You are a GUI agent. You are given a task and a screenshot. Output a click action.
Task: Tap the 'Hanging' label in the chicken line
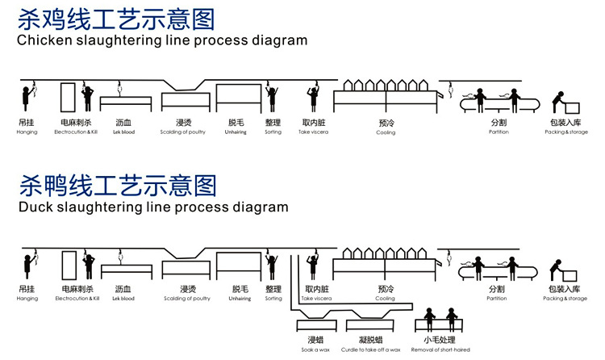pos(27,132)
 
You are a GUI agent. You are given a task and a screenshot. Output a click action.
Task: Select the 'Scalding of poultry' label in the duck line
pos(186,299)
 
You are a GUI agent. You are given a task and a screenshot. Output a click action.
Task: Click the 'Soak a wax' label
pos(315,349)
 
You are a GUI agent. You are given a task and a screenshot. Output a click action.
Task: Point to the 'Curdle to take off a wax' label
pos(370,349)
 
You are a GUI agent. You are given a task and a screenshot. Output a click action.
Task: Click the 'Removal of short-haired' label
pos(441,349)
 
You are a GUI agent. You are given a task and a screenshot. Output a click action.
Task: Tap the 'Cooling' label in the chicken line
pos(386,132)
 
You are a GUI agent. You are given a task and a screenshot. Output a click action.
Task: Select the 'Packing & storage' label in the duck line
pos(565,299)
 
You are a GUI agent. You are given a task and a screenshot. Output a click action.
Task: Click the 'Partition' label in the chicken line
pos(499,132)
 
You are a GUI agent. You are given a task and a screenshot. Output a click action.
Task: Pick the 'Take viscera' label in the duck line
pos(315,299)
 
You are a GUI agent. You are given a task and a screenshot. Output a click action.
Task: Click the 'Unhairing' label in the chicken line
pos(236,132)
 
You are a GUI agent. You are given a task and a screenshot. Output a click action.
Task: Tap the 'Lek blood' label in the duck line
pos(123,299)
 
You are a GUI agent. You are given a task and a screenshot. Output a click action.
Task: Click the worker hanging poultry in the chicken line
pos(27,98)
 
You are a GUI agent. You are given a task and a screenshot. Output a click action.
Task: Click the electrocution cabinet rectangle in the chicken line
pos(68,98)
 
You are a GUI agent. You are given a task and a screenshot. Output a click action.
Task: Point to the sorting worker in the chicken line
pos(273,98)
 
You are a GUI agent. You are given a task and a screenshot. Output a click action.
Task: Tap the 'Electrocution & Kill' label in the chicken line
pos(77,132)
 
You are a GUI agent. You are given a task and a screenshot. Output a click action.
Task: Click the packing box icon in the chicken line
pos(572,107)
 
